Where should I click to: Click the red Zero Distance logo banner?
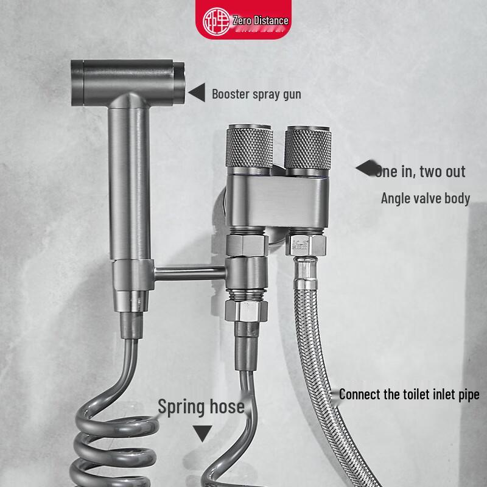[x=247, y=20]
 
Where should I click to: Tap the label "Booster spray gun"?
[x=256, y=94]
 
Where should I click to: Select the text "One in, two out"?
[x=421, y=171]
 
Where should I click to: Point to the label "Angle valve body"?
[x=426, y=198]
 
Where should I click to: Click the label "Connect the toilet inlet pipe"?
[x=409, y=394]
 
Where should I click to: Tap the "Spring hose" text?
[x=201, y=407]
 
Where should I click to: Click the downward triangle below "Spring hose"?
[x=202, y=433]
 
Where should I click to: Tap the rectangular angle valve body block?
[x=277, y=201]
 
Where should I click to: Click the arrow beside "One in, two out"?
[x=365, y=169]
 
